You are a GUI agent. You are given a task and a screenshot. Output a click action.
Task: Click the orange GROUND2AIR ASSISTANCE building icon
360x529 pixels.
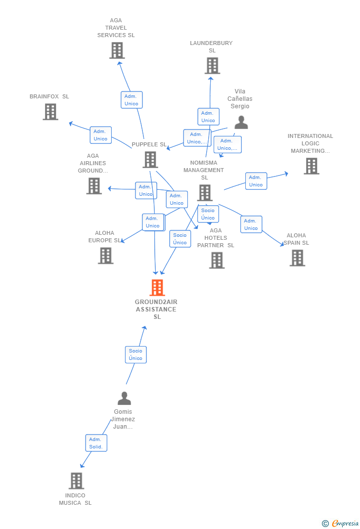click(157, 287)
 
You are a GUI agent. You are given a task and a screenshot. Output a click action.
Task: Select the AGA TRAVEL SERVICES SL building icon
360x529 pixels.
click(117, 50)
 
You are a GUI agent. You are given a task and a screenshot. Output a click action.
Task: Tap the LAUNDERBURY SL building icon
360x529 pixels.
click(212, 66)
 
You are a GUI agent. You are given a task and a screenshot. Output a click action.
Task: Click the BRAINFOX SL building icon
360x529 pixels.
click(50, 112)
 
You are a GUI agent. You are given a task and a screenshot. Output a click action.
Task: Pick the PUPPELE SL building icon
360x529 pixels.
click(150, 160)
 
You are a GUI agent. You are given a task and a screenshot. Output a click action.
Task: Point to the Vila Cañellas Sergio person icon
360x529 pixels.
click(241, 122)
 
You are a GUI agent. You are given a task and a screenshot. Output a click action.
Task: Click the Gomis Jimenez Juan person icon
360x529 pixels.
click(124, 398)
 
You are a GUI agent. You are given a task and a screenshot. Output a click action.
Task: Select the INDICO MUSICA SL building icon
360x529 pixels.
click(76, 481)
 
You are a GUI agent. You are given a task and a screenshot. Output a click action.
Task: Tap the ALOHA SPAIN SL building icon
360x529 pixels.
click(297, 258)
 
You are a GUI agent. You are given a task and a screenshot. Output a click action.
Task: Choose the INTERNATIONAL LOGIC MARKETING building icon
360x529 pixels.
click(311, 166)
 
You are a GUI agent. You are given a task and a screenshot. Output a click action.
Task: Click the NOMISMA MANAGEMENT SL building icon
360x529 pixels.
click(205, 192)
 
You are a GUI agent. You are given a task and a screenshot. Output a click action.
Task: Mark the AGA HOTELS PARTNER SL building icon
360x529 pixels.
click(217, 260)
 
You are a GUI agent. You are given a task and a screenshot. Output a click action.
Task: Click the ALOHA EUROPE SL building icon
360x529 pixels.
click(105, 256)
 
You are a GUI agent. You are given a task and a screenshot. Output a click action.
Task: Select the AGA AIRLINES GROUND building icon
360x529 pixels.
click(94, 186)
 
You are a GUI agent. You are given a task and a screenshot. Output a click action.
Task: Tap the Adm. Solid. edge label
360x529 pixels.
click(96, 443)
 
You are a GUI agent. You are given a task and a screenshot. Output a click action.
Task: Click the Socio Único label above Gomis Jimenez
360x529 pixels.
click(135, 354)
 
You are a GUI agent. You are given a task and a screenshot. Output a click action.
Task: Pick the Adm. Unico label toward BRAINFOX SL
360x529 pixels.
click(100, 135)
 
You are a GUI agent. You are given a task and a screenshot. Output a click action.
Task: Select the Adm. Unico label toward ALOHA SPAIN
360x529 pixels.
click(251, 224)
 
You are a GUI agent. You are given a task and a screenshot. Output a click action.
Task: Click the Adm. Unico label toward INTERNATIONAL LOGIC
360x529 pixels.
click(256, 181)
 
